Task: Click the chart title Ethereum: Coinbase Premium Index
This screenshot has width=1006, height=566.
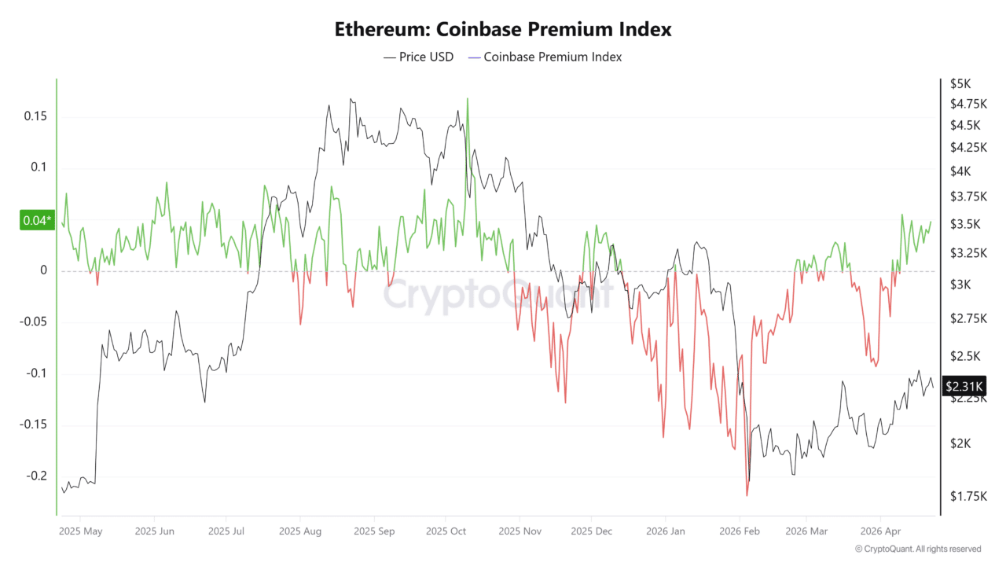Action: [503, 30]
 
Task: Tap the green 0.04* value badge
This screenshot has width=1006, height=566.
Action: [36, 221]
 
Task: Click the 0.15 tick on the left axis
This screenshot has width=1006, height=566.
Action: [35, 116]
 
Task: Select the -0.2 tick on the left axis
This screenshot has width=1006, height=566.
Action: [35, 476]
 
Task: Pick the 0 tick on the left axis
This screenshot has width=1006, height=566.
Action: [44, 270]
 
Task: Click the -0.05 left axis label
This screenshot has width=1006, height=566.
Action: [32, 322]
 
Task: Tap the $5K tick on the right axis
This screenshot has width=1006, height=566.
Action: [960, 83]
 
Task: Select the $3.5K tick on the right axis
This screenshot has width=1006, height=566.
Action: [964, 224]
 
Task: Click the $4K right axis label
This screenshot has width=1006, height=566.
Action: [960, 171]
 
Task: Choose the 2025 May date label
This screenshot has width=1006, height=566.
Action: [81, 531]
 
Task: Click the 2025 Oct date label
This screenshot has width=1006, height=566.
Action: [446, 531]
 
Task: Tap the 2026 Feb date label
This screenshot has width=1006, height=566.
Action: [740, 531]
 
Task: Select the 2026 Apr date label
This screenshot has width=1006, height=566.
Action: [881, 531]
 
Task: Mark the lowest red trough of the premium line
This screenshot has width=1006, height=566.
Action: [747, 495]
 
